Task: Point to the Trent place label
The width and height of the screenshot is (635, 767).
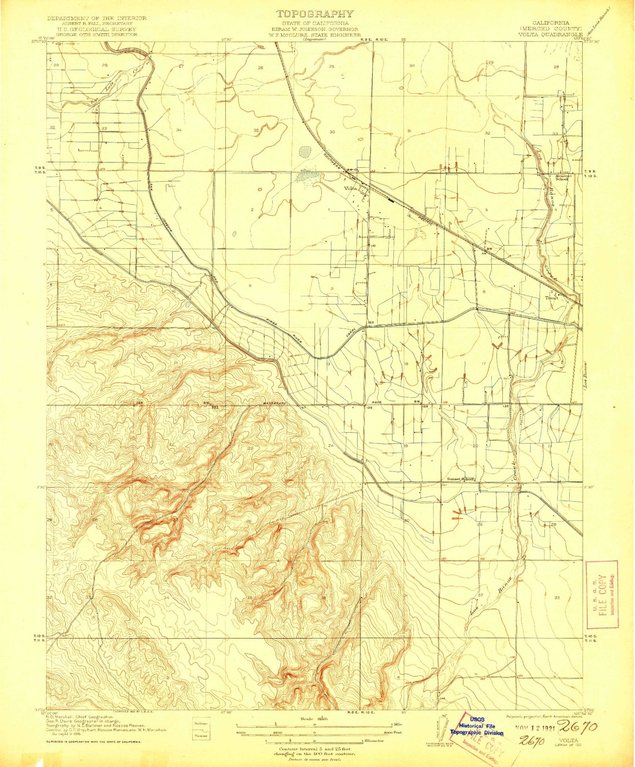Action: click(x=551, y=298)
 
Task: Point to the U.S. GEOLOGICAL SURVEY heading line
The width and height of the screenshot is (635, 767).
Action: click(x=97, y=30)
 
